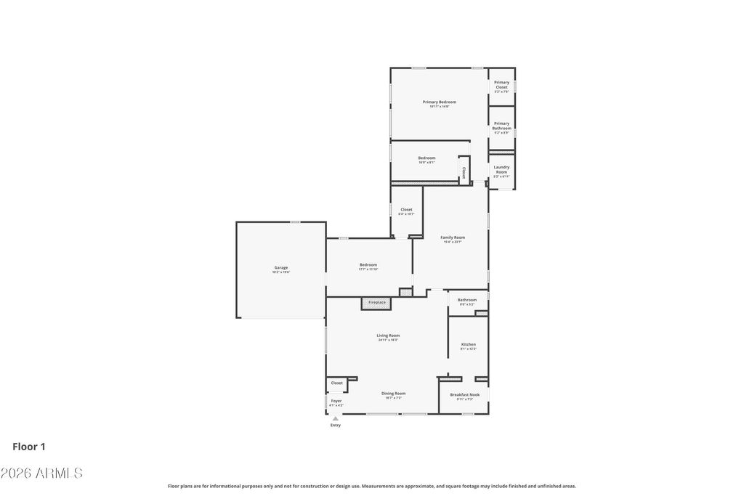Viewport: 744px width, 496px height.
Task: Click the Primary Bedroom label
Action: pos(440,102)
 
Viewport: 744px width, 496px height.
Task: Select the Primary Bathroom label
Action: pos(501,126)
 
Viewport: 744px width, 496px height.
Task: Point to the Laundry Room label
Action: pos(501,169)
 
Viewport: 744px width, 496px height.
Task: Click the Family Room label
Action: pos(453,237)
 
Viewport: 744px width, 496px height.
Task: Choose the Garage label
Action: pos(280,268)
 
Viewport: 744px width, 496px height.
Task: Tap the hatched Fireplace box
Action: pos(376,303)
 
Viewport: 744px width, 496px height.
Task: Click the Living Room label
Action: pos(388,336)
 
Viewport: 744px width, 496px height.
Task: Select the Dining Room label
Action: pos(394,394)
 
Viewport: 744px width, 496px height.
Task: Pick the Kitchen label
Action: pos(469,345)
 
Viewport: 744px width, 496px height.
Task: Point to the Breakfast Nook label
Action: pos(464,395)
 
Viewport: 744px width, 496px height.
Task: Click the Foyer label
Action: pos(336,401)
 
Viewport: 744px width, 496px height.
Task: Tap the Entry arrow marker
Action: pos(335,418)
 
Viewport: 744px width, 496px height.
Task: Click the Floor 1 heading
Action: pos(29,447)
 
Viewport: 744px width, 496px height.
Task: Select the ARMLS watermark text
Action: pos(41,473)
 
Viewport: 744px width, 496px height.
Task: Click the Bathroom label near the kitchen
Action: pos(467,300)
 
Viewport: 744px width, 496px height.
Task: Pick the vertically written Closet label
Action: pos(464,172)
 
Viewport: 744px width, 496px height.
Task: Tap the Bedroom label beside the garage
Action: pos(368,265)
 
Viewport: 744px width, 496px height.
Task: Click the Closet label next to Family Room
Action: pos(406,210)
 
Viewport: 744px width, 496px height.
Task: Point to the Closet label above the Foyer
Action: pos(337,383)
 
